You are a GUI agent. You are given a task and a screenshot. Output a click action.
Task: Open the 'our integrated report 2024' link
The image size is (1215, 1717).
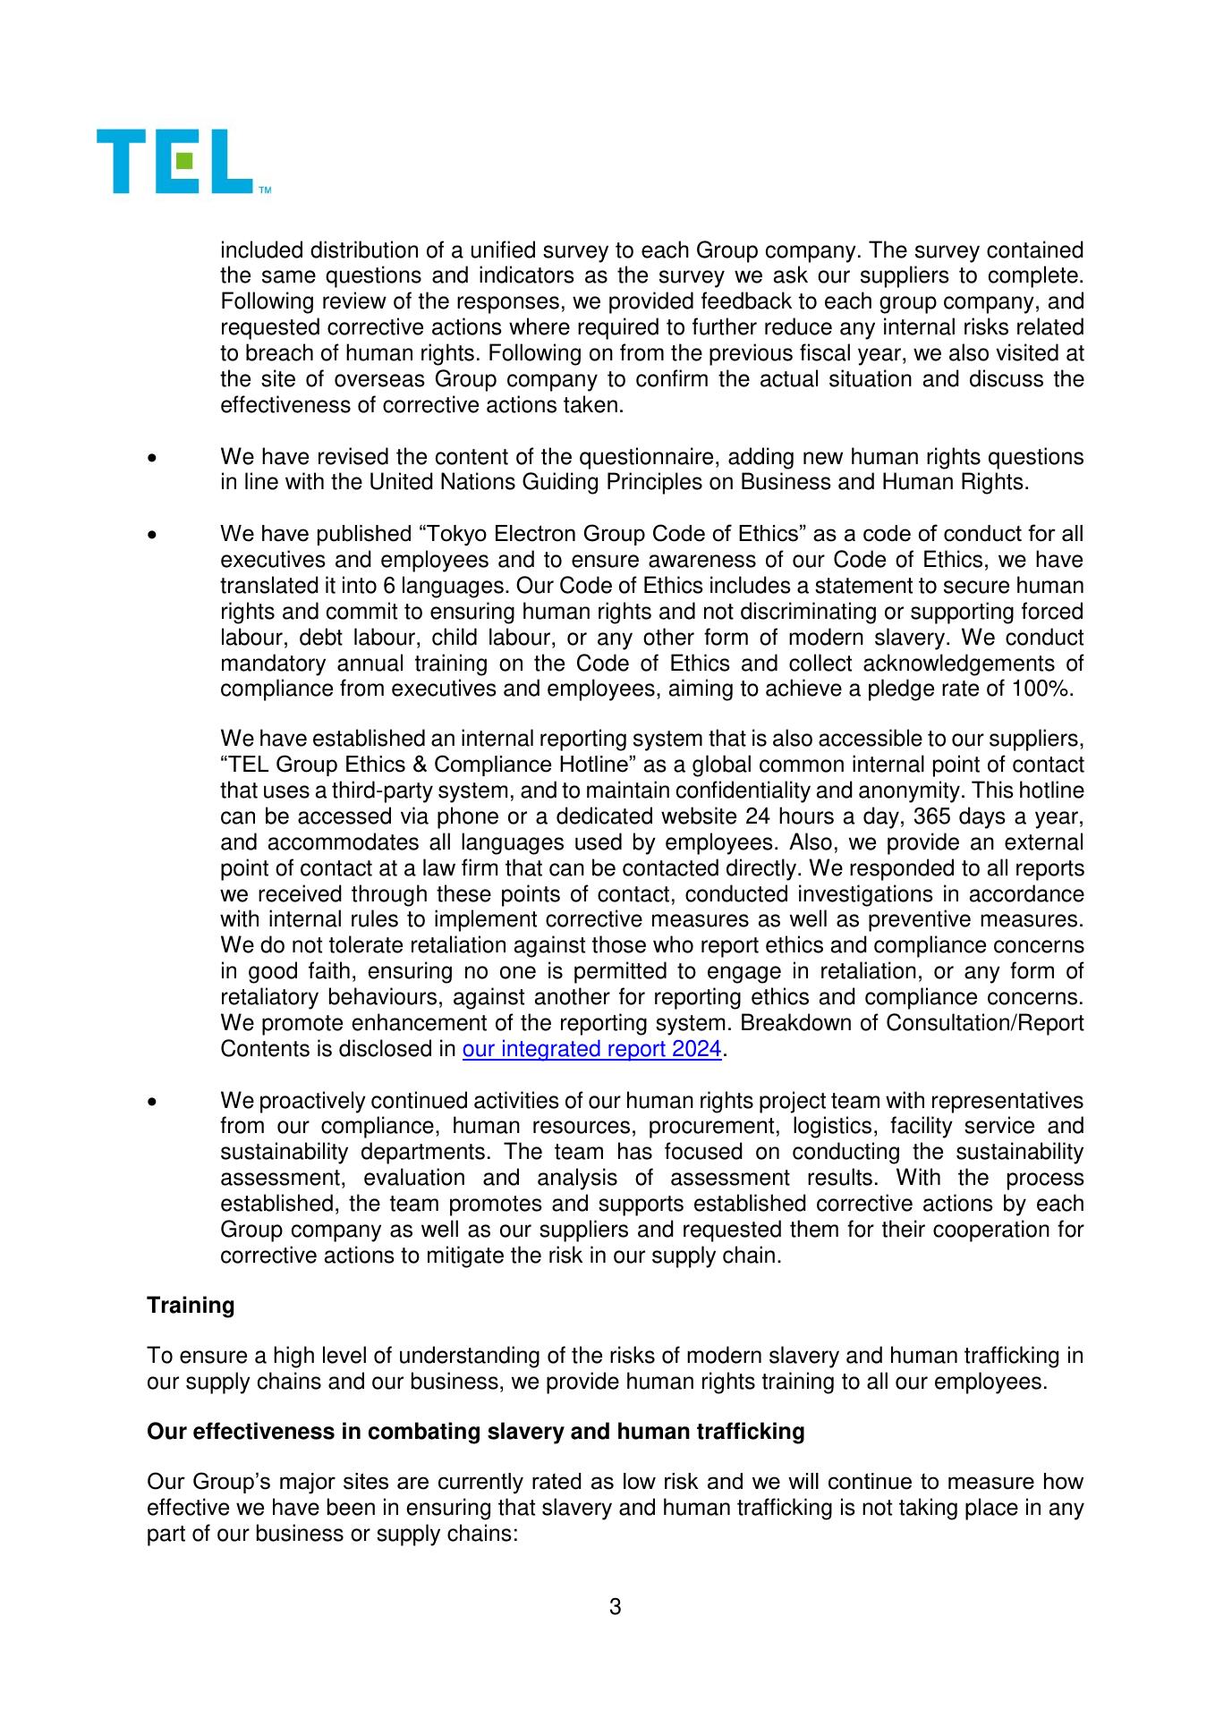[591, 1048]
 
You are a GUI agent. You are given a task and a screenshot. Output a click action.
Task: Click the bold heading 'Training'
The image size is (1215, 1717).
[191, 1305]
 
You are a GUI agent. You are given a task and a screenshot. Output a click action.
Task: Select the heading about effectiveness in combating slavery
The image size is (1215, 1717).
[475, 1432]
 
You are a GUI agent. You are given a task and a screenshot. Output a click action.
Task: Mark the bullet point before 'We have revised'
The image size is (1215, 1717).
[155, 459]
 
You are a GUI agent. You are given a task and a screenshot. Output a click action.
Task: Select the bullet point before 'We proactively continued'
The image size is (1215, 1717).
[155, 1102]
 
